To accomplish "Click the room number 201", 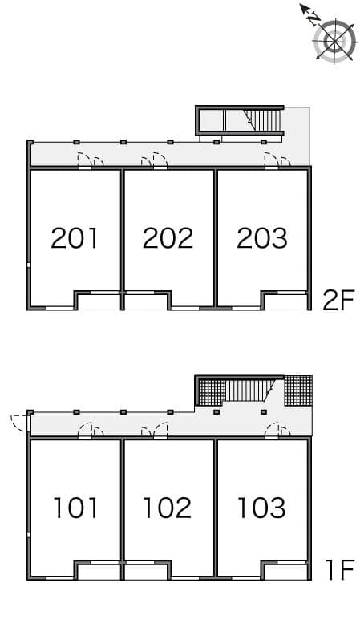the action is click(x=75, y=238).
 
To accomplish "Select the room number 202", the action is click(x=168, y=238).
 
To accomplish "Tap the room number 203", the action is click(x=262, y=238).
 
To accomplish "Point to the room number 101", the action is click(x=75, y=508).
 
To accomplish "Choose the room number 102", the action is click(x=168, y=508).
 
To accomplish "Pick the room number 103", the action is click(x=261, y=508).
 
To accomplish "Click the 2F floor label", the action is click(x=338, y=300).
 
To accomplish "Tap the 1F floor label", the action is click(x=338, y=570).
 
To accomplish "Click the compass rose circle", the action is click(x=335, y=42).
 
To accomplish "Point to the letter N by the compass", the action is click(x=314, y=18).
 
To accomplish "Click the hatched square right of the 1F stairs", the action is click(x=298, y=390).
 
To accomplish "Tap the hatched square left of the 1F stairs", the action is click(x=211, y=390).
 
